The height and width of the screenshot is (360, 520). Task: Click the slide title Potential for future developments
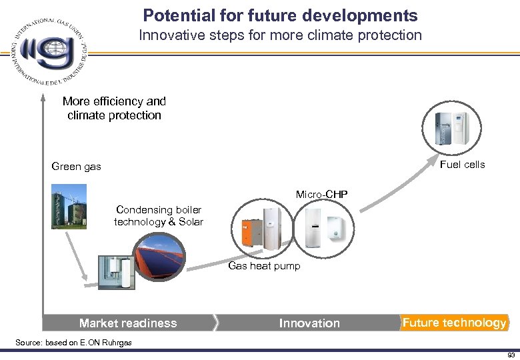[x=280, y=15]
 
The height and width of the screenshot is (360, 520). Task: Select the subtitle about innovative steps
[x=280, y=35]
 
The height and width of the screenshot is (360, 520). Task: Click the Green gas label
[x=77, y=167]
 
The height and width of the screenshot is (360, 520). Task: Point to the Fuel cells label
[x=463, y=164]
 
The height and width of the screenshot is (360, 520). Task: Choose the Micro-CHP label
[x=323, y=195]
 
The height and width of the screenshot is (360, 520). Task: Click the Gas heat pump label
[x=264, y=266]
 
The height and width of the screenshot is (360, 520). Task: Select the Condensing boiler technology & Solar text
[x=159, y=216]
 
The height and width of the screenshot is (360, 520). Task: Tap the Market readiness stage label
[x=128, y=323]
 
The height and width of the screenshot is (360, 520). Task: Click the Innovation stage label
[x=309, y=323]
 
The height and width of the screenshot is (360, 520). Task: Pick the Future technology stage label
[x=454, y=323]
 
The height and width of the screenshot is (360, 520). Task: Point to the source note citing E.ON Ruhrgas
[x=73, y=342]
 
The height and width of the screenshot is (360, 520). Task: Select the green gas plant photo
[x=68, y=209]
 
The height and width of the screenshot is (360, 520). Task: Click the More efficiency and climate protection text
[x=114, y=108]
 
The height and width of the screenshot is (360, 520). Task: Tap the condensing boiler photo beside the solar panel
[x=115, y=272]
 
